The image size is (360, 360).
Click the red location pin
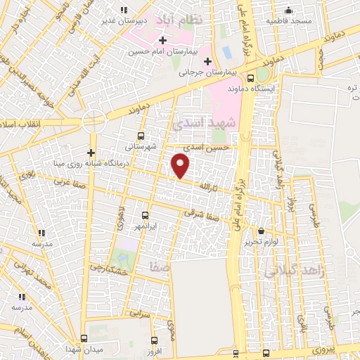[181, 165]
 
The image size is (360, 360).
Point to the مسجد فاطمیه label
[288, 21]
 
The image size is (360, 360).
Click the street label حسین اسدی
[206, 148]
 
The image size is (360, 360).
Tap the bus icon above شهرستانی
[141, 136]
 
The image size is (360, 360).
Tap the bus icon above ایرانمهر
[146, 215]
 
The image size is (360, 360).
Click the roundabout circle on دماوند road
[94, 122]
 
